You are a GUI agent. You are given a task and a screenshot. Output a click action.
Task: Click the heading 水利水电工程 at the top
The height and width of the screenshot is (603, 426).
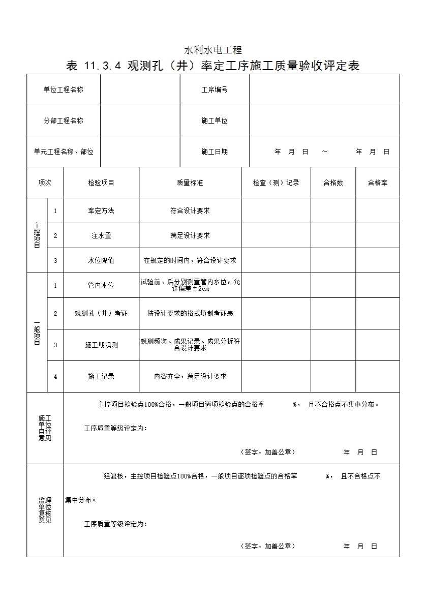coord(212,50)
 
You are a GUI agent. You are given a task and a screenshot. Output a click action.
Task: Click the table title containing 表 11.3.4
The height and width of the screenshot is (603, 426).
coord(212,66)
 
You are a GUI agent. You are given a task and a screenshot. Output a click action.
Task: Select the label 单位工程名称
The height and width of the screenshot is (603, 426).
coord(64,89)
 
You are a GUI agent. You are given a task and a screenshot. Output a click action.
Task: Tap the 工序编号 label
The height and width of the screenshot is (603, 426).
coord(215,89)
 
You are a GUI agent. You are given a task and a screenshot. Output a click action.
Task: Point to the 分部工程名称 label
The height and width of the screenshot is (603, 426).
coord(64,120)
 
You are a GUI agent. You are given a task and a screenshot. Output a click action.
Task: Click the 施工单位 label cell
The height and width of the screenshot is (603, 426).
coord(215,120)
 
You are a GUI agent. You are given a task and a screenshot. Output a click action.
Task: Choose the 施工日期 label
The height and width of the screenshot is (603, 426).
coord(215,152)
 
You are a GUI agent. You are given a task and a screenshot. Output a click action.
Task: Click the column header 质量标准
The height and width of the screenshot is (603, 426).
coord(190,183)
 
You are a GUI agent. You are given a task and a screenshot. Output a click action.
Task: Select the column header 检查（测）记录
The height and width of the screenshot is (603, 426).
coord(276,183)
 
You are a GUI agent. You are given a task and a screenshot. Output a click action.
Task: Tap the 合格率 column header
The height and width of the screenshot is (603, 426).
coord(378,183)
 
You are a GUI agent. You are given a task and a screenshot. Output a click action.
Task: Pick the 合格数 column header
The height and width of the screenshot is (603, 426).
coord(333,183)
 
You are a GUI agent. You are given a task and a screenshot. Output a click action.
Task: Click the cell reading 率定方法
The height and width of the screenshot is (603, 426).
coord(101,210)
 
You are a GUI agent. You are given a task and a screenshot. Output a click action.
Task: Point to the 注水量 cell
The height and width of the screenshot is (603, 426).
coord(101,235)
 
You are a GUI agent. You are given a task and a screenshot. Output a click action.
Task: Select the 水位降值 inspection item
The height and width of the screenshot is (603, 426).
coord(101,260)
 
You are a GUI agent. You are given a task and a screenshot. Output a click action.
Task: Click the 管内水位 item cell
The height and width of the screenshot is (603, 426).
coord(101,285)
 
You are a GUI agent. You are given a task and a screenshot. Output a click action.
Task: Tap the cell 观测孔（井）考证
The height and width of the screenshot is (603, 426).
coord(101,313)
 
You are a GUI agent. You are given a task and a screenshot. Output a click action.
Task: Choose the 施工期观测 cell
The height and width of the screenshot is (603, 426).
coord(101,345)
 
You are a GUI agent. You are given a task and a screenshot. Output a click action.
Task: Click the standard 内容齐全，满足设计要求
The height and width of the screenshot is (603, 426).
coord(190,376)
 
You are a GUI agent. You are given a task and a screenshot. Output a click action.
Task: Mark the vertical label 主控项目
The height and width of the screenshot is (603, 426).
coord(37,235)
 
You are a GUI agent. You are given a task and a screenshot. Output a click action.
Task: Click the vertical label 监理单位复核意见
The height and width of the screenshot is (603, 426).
coord(45,510)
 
